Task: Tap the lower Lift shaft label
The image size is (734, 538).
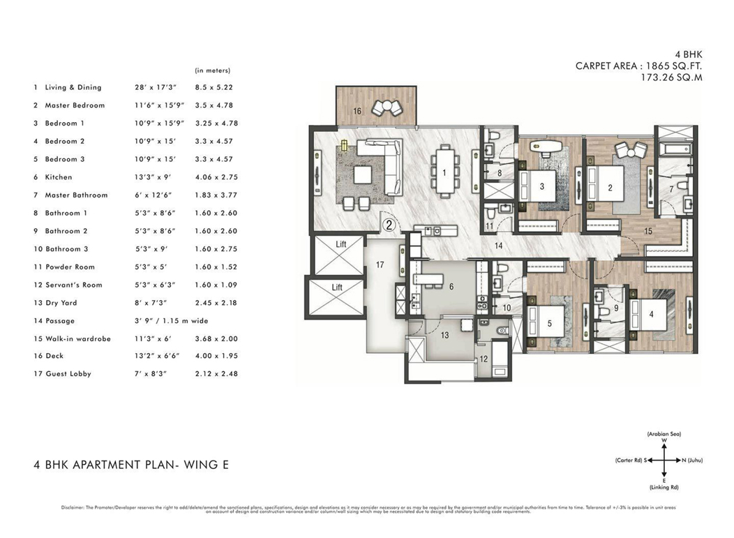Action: (338, 287)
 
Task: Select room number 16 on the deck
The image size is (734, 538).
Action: (357, 111)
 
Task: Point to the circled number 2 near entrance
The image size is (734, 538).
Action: (389, 225)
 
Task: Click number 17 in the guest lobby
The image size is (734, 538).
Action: (380, 264)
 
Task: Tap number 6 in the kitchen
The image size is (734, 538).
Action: (451, 286)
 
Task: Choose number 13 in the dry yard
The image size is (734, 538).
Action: (444, 336)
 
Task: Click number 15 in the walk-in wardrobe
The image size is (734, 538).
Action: (648, 231)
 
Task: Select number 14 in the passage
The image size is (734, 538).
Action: (499, 246)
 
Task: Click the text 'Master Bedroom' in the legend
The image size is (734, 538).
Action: (75, 105)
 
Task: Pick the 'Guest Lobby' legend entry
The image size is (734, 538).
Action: (68, 374)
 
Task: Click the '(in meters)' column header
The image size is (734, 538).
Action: (213, 70)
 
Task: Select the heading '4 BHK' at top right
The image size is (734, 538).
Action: (688, 54)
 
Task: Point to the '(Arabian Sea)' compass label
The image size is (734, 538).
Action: (664, 434)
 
